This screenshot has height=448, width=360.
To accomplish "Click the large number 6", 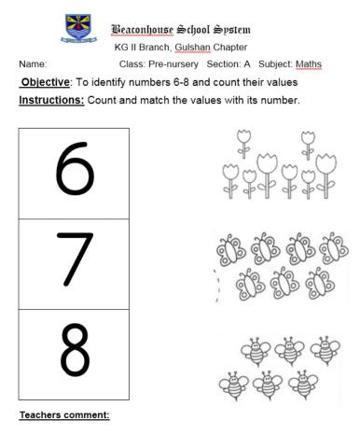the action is click(x=75, y=173).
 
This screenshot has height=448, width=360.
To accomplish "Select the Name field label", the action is click(x=32, y=63).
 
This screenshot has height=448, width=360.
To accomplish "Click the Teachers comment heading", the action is click(x=63, y=413).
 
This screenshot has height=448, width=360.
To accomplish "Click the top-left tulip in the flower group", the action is click(x=245, y=140).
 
